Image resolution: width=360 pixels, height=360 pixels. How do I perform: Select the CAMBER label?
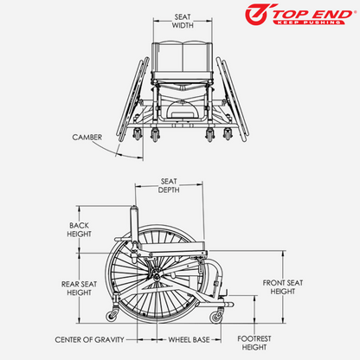pyautogui.click(x=88, y=136)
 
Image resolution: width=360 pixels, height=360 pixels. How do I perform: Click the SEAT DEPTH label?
pyautogui.click(x=170, y=186)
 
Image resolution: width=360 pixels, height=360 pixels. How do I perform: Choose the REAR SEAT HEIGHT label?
pyautogui.click(x=79, y=287)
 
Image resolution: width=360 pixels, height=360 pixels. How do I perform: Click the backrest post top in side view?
pyautogui.click(x=133, y=213)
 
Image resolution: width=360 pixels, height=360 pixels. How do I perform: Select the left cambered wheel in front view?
pyautogui.click(x=132, y=95)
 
